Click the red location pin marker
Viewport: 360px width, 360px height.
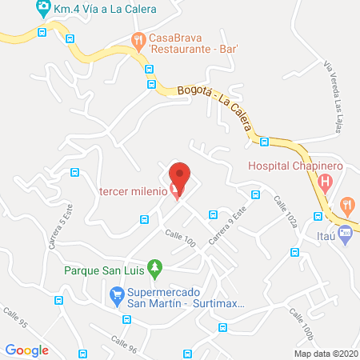click(181, 178)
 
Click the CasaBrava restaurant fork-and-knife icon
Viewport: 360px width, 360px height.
click(138, 39)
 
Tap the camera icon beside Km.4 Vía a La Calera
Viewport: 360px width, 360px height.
click(42, 10)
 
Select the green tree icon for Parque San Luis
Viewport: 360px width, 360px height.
click(157, 267)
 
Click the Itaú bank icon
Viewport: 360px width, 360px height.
click(345, 235)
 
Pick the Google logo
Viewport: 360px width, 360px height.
click(27, 349)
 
